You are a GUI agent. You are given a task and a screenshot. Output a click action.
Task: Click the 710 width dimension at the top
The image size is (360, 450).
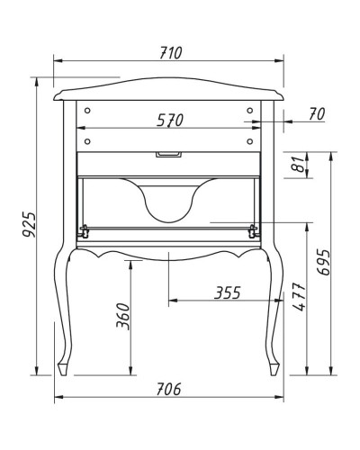point(170,52)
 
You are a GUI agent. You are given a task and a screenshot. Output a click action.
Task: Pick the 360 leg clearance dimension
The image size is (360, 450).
point(124,318)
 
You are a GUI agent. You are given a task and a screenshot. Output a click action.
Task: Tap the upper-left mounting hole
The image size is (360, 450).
point(89,110)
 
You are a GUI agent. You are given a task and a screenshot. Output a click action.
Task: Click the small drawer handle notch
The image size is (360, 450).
point(169,156)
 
